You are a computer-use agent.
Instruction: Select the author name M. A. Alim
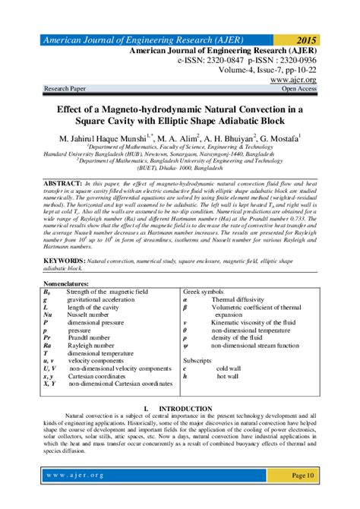click(177, 138)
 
